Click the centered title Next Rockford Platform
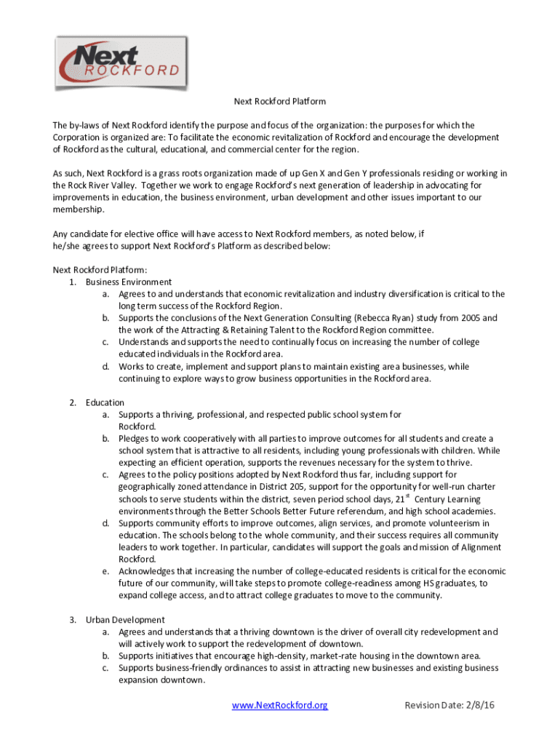click(279, 101)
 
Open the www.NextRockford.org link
click(280, 705)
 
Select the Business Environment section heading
click(129, 282)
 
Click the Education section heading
click(105, 402)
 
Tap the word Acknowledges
click(151, 571)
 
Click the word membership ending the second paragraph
click(78, 210)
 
